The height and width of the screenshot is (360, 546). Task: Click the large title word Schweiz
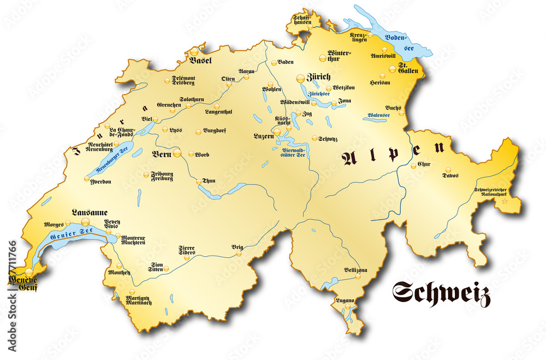pyautogui.click(x=441, y=294)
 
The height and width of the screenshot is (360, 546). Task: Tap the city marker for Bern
pyautogui.click(x=177, y=154)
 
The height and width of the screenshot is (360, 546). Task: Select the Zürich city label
pyautogui.click(x=319, y=77)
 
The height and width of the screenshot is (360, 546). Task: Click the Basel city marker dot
pyautogui.click(x=195, y=51)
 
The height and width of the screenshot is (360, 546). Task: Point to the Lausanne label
pyautogui.click(x=90, y=213)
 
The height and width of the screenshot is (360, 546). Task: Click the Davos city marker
pyautogui.click(x=448, y=170)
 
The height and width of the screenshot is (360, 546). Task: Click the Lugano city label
pyautogui.click(x=346, y=301)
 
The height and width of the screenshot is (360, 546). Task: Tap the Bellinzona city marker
pyautogui.click(x=358, y=276)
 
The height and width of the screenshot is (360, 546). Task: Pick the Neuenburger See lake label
pyautogui.click(x=111, y=158)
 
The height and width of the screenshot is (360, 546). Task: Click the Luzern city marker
pyautogui.click(x=277, y=132)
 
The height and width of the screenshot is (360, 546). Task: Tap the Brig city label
pyautogui.click(x=237, y=247)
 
